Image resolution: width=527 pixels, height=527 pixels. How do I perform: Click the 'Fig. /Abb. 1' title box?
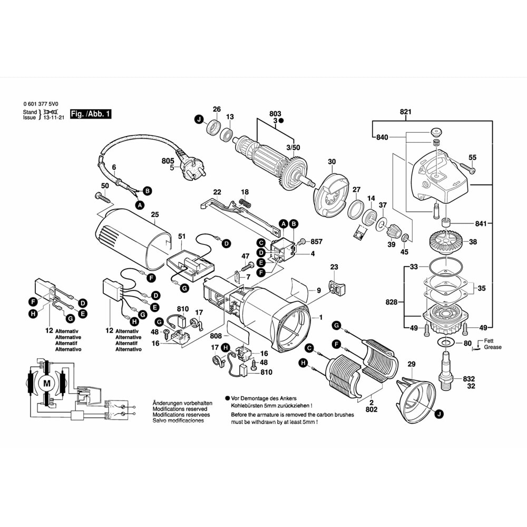91,114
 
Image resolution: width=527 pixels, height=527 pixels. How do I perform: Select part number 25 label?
154,214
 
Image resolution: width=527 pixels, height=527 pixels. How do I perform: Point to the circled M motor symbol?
47,382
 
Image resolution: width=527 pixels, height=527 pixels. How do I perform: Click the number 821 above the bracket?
405,112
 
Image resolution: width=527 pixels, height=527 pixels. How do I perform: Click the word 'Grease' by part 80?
493,347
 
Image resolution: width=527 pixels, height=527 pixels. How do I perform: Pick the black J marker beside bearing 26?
199,119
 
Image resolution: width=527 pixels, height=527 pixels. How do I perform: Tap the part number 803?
275,114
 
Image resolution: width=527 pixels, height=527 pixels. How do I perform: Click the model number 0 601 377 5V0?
41,104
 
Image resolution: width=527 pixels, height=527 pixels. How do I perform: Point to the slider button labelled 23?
335,288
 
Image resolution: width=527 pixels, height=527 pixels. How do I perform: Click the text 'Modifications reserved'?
180,409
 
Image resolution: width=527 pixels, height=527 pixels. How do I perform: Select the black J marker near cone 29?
439,415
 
